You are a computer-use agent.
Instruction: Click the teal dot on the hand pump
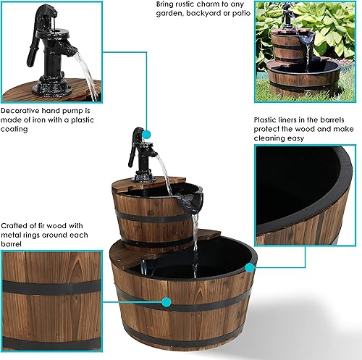(x=147, y=135)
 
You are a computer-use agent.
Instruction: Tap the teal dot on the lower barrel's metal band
(x=167, y=302)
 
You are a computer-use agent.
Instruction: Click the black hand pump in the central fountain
(x=140, y=156)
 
